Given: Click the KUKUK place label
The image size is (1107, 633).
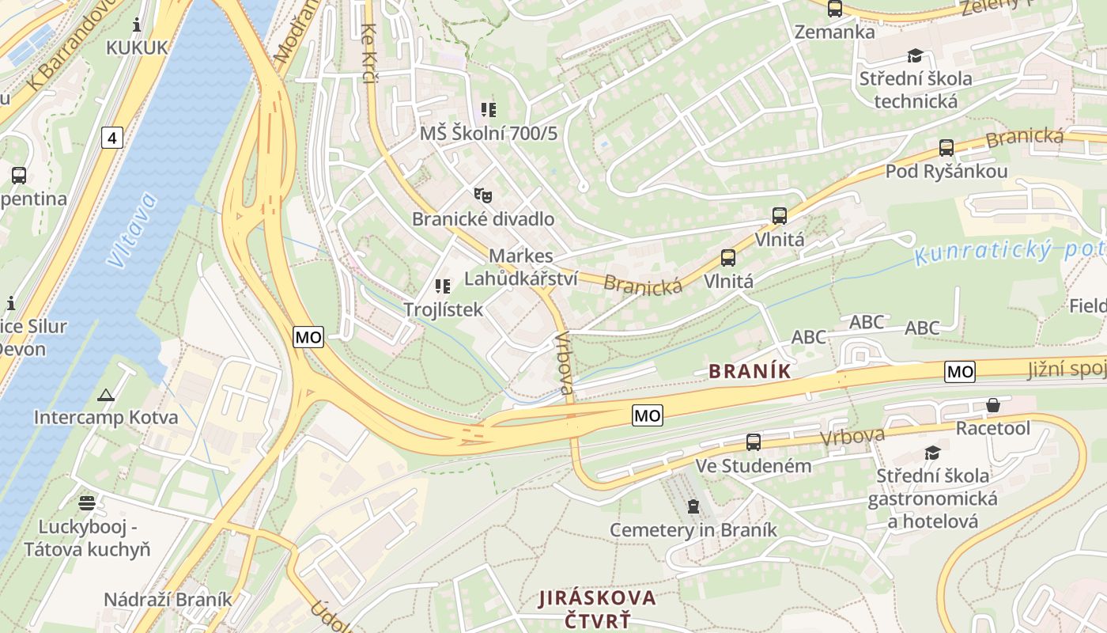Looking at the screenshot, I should (x=137, y=47).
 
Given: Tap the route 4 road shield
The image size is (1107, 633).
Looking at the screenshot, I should (x=112, y=138).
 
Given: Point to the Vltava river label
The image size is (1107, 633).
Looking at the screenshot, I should (x=133, y=229).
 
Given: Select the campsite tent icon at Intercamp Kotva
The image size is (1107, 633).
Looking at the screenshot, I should (x=106, y=395).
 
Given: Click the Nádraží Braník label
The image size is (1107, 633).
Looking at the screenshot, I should (x=168, y=599).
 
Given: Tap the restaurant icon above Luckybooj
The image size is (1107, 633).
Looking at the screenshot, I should (x=86, y=502).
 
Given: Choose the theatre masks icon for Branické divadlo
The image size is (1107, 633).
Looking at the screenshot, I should (x=482, y=195).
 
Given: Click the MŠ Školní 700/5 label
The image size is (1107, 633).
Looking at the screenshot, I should (x=488, y=134).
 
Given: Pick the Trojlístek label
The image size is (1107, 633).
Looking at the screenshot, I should (x=443, y=309).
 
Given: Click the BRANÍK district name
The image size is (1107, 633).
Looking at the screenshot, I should (x=750, y=371).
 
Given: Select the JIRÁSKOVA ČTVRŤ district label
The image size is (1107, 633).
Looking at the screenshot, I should (x=598, y=608).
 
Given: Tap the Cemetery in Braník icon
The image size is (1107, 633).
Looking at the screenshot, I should (x=693, y=506).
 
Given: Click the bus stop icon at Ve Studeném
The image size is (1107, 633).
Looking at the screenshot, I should (x=753, y=442).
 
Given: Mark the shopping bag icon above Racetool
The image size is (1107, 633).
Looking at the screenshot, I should (x=993, y=406).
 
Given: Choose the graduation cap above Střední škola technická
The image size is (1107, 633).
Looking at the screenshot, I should (x=915, y=56).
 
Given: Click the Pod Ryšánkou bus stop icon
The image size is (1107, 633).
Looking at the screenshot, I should (x=946, y=148).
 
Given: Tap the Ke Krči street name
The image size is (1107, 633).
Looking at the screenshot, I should (x=369, y=52).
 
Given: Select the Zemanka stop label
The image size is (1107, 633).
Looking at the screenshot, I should (x=834, y=32).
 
